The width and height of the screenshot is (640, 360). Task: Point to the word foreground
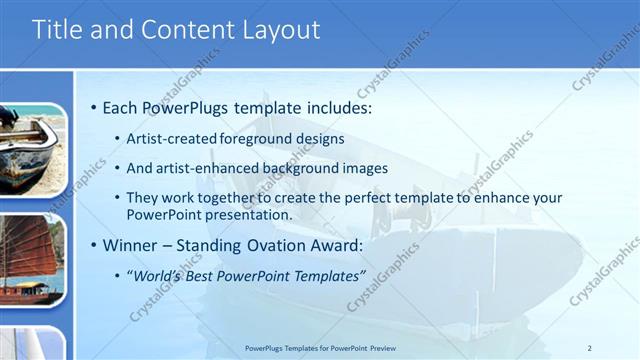click(x=258, y=139)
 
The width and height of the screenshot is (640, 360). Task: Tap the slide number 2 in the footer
click(x=590, y=348)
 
